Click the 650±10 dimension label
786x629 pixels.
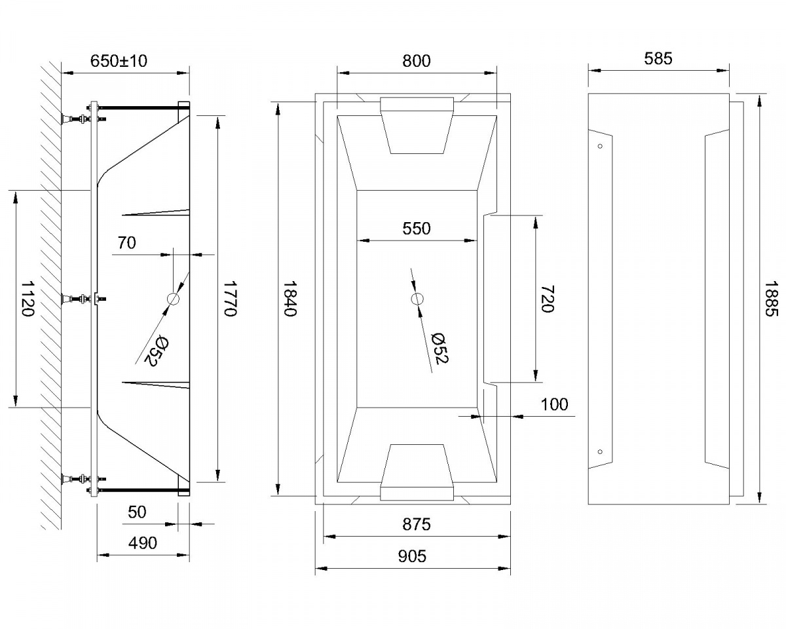point(119,61)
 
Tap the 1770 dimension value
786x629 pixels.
point(229,299)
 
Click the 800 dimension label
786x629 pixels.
point(417,61)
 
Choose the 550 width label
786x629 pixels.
point(417,229)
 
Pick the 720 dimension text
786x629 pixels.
point(548,299)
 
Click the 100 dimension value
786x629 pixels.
point(554,404)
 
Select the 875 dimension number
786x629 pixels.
point(417,525)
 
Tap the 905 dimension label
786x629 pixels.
point(412,557)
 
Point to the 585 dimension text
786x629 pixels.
point(658,59)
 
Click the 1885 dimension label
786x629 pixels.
point(771,299)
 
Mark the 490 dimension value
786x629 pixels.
point(143,543)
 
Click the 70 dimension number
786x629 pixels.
point(126,243)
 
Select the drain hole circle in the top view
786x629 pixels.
point(417,299)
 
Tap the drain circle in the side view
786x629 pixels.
point(174,299)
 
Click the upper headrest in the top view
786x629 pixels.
point(417,124)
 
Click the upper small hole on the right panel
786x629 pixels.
point(599,147)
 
